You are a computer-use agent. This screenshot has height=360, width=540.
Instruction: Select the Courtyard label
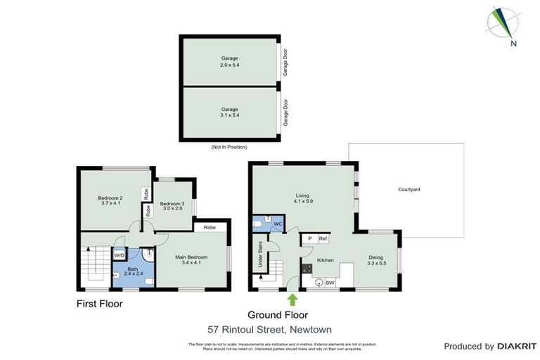click(x=409, y=190)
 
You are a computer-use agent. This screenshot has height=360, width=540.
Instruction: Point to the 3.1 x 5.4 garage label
click(x=229, y=112)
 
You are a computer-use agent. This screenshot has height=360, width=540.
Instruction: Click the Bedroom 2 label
click(x=110, y=201)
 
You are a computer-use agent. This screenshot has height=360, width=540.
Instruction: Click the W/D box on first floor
click(x=120, y=255)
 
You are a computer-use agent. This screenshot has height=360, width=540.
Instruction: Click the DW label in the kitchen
click(x=330, y=283)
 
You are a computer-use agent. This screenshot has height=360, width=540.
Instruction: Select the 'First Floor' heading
click(x=99, y=304)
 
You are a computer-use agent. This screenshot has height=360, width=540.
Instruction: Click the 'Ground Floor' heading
click(x=277, y=314)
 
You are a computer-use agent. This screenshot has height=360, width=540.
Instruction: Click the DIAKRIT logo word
click(x=516, y=346)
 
